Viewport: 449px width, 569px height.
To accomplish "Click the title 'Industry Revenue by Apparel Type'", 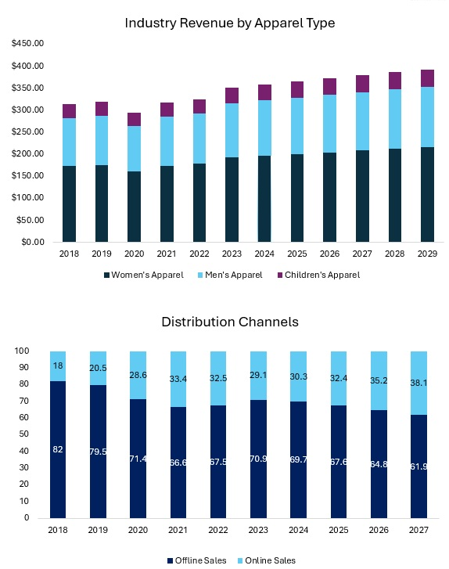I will coord(230,23).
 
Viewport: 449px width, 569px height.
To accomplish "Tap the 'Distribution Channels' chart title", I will coord(230,322).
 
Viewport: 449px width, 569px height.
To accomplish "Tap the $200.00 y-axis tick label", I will coord(27,153).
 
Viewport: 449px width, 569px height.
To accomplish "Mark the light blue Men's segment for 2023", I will coord(232,130).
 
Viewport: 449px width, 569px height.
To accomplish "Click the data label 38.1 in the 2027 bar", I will coord(418,383).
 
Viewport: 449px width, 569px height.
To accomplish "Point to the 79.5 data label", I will coord(97,452).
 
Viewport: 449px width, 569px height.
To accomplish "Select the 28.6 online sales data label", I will coord(137,376).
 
